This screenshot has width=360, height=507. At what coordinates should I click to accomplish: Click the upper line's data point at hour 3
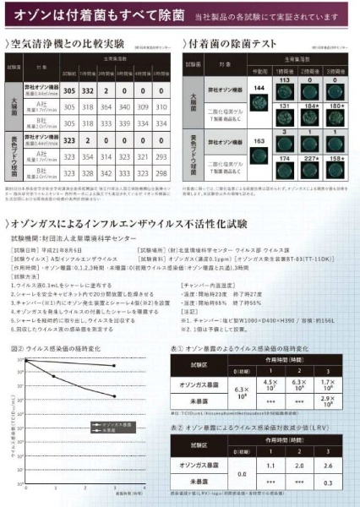click(x=115, y=366)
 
